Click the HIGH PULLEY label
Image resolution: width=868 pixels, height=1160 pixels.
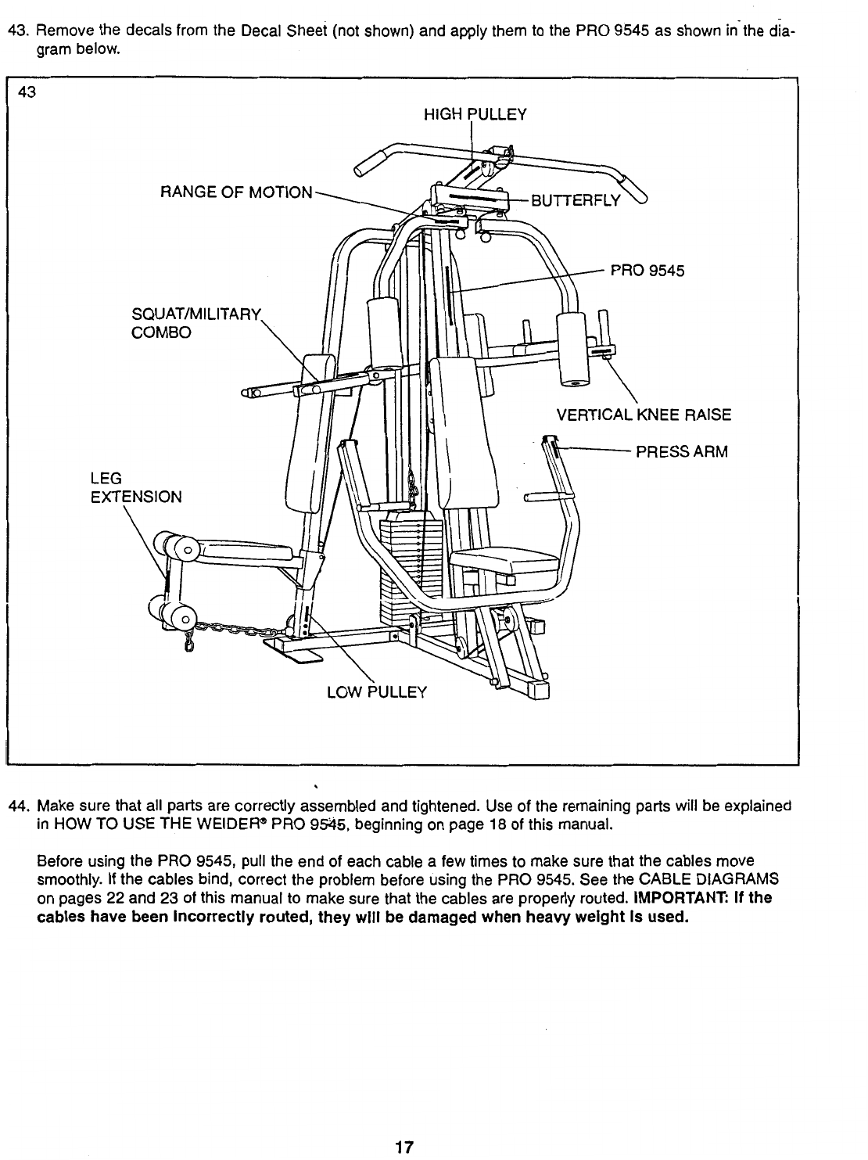point(475,115)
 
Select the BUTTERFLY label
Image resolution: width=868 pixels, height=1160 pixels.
point(576,201)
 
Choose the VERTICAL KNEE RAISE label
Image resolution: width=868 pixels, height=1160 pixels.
point(644,415)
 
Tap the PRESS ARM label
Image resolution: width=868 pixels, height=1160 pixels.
point(681,452)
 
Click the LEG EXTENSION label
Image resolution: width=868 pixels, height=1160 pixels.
point(136,487)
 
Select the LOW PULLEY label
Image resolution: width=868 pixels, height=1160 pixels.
point(376,691)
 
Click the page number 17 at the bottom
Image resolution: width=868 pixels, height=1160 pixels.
point(403,1147)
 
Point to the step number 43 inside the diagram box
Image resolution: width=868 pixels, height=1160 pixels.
point(27,92)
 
